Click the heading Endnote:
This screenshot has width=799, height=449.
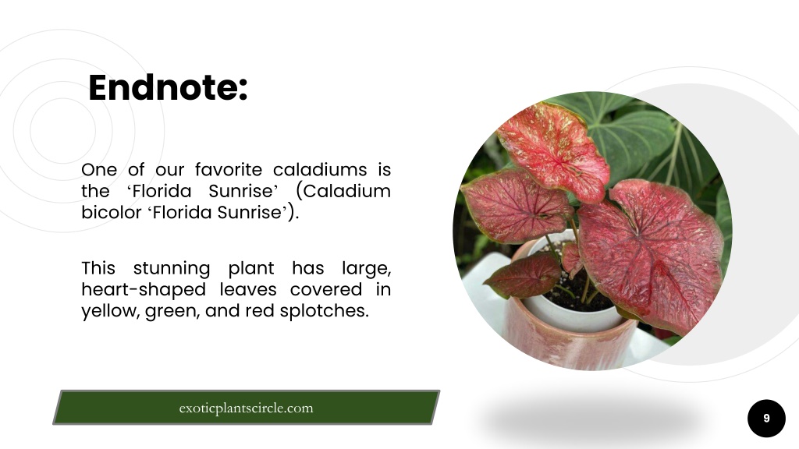168,88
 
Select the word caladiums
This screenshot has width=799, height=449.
320,169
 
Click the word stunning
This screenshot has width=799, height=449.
171,269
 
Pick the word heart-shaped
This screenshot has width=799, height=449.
144,290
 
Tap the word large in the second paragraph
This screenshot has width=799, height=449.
367,269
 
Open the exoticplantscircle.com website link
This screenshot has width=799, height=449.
246,408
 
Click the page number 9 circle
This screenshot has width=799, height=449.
766,419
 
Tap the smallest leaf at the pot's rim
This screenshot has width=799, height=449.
572,259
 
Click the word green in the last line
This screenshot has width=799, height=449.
172,311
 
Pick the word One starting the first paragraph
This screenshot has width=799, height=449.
99,169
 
